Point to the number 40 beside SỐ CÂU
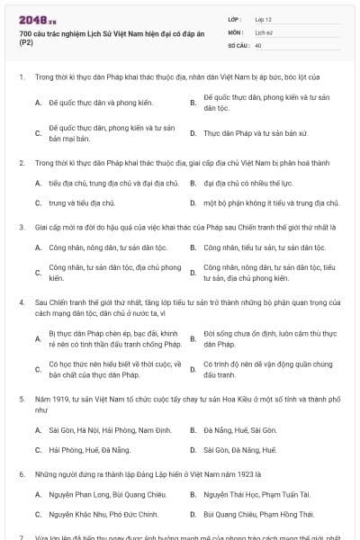point(259,44)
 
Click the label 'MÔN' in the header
point(236,31)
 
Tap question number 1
point(21,77)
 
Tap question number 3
point(21,227)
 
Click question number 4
point(21,303)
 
